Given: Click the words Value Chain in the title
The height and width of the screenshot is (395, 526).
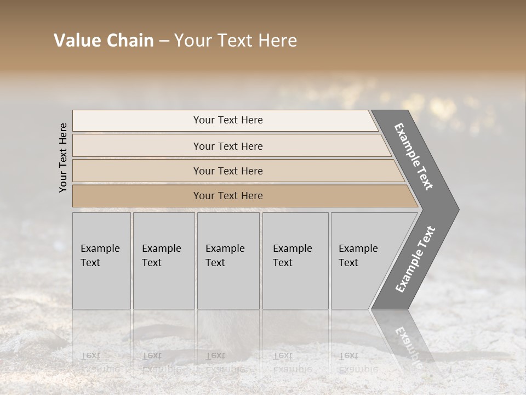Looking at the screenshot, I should tap(104, 41).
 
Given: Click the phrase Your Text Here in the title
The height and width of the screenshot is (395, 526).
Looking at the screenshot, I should tap(236, 41).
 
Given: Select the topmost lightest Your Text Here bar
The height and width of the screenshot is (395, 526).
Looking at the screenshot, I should tap(227, 120).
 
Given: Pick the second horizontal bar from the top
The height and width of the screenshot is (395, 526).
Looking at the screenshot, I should tap(227, 146).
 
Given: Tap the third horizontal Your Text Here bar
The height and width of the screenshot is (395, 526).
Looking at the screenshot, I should tap(227, 171).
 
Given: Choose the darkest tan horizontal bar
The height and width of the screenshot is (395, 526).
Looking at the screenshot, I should tap(227, 196).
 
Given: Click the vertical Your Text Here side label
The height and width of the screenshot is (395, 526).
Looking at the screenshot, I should tap(63, 157).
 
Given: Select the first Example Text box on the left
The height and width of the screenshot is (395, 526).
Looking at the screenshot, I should tap(101, 261).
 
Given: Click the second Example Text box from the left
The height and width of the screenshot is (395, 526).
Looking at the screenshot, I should tap(163, 261).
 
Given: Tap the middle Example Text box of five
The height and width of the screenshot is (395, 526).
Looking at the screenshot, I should tap(228, 261).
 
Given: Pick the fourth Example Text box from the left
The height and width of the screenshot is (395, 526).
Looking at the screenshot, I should tap(295, 261).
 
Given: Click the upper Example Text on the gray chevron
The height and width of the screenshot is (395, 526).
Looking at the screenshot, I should tap(414, 156).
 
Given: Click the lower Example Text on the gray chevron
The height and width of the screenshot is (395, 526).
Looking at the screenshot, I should tap(415, 259).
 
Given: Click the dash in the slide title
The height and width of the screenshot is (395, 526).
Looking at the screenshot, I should tap(164, 41).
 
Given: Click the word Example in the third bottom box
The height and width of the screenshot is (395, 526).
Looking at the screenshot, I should tap(225, 249).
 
